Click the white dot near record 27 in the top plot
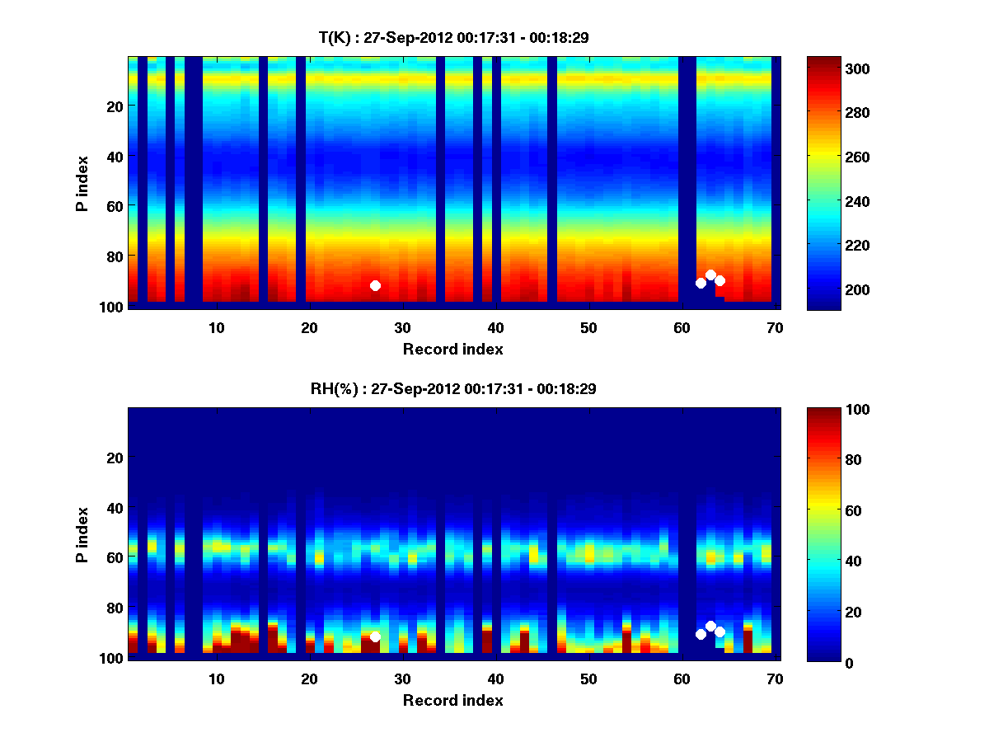[x=375, y=285]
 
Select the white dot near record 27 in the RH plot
[x=375, y=636]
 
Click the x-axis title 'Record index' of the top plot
[x=452, y=349]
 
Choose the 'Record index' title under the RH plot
[x=452, y=700]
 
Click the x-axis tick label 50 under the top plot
[x=588, y=328]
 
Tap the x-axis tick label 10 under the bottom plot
[x=216, y=679]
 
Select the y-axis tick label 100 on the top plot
[x=113, y=307]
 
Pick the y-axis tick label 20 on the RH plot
[x=116, y=458]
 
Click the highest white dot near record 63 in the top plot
[x=710, y=275]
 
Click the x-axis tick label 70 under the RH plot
[x=775, y=679]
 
